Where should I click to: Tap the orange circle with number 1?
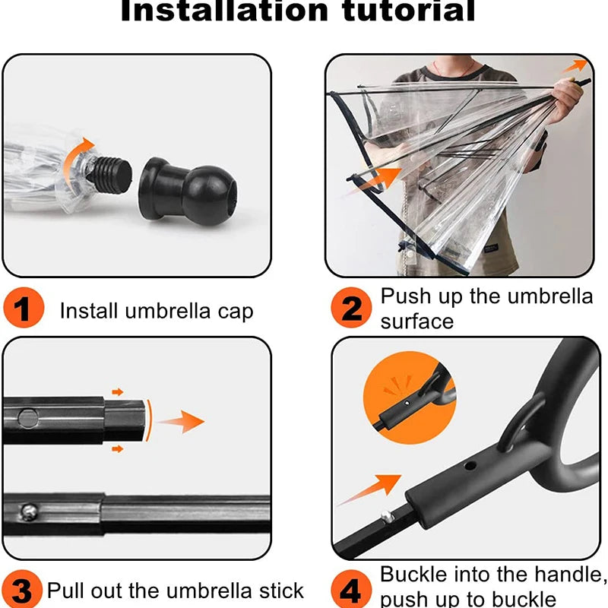pyautogui.click(x=23, y=310)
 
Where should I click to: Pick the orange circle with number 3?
pyautogui.click(x=22, y=589)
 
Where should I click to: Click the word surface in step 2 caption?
pyautogui.click(x=416, y=321)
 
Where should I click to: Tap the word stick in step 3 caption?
pyautogui.click(x=280, y=590)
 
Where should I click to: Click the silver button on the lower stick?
pyautogui.click(x=27, y=511)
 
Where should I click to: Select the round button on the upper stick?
pyautogui.click(x=28, y=416)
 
